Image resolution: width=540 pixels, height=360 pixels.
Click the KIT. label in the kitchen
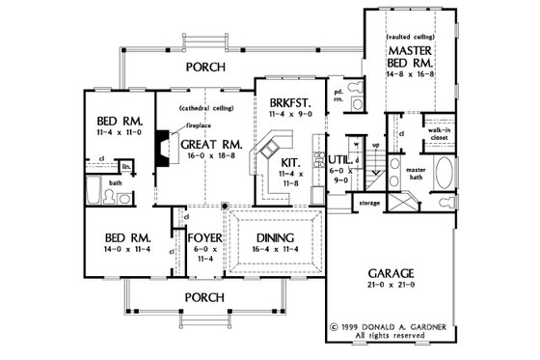[x=288, y=163]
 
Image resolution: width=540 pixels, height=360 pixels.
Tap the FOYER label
[x=204, y=235]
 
